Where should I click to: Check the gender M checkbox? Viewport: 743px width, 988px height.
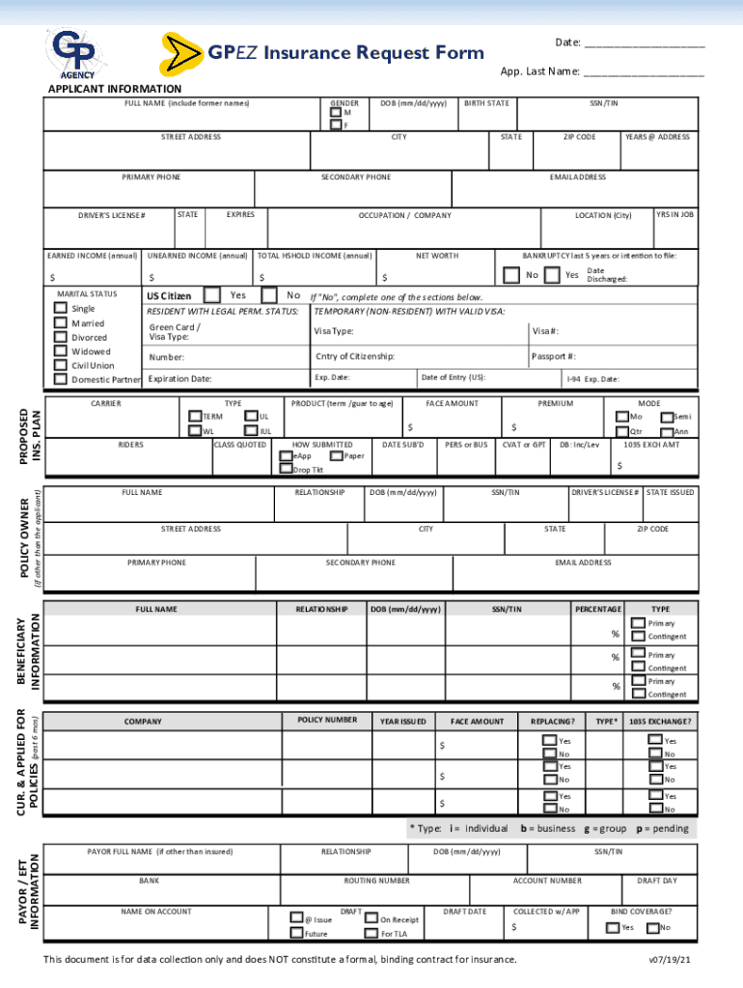(335, 113)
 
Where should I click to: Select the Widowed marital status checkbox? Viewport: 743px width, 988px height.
(62, 351)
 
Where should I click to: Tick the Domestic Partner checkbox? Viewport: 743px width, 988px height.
(62, 379)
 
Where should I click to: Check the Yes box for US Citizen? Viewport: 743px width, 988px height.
(214, 295)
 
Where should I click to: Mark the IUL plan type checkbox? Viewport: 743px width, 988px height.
(251, 431)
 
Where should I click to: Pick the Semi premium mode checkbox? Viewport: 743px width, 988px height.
(666, 416)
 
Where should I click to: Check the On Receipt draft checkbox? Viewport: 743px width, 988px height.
(371, 919)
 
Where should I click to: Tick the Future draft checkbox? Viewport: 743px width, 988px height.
(296, 933)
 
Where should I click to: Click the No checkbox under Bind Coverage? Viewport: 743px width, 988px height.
(651, 928)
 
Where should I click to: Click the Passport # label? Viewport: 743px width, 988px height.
(554, 356)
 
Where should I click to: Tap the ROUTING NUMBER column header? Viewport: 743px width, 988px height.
(377, 881)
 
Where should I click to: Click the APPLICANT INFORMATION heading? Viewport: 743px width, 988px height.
(115, 90)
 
